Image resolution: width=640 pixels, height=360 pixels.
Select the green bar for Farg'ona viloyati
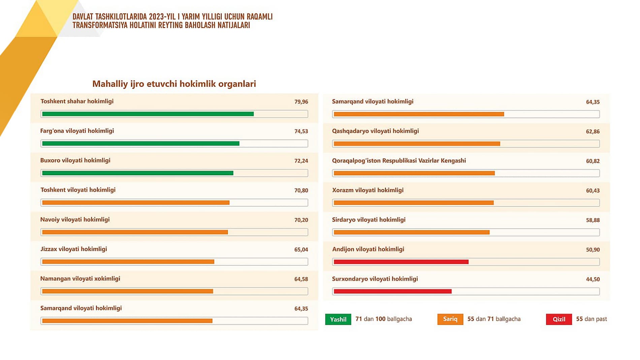[140, 144]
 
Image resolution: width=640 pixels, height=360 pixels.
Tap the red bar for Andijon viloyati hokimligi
[401, 262]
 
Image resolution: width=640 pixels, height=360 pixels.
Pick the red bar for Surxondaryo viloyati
[392, 291]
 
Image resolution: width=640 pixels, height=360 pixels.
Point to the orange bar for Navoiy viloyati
[135, 232]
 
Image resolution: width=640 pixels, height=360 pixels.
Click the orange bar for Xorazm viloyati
[414, 203]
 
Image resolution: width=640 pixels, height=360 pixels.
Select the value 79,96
[301, 102]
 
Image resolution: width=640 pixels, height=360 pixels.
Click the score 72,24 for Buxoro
[301, 161]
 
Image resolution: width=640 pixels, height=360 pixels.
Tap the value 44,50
[593, 279]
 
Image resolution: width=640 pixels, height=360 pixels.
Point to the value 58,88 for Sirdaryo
[593, 220]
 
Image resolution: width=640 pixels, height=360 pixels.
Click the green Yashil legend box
[338, 319]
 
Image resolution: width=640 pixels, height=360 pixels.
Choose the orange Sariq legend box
[450, 319]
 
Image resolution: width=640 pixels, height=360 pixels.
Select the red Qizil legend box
[559, 319]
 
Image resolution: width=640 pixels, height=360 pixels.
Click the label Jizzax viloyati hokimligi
[74, 249]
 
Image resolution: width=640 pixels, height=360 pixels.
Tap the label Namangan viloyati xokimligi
[80, 278]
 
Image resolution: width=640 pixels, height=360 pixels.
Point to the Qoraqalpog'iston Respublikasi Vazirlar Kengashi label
[399, 160]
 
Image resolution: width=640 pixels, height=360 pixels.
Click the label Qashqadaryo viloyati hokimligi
[375, 131]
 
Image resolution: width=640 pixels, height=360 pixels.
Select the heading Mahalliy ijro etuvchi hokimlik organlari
[174, 84]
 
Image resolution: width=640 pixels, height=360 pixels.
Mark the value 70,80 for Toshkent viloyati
[301, 190]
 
